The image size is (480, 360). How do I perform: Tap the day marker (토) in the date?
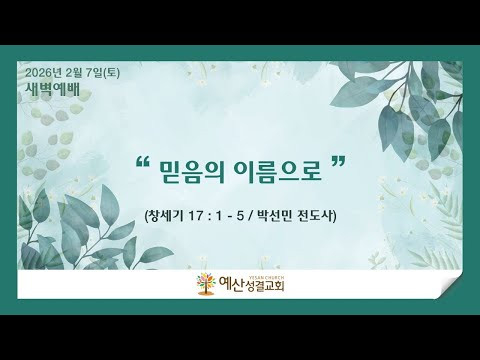(112, 73)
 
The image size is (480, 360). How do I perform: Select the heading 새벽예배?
(53, 89)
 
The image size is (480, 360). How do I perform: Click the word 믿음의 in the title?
(192, 172)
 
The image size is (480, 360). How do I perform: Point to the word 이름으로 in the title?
(278, 172)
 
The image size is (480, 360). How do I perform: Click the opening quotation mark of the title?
(143, 163)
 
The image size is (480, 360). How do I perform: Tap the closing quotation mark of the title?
(338, 163)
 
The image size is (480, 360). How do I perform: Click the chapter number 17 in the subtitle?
(195, 217)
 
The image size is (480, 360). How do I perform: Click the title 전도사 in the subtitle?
(316, 216)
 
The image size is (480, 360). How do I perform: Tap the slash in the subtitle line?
(250, 217)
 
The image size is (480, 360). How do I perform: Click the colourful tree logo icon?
(206, 284)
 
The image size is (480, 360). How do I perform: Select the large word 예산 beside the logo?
(231, 285)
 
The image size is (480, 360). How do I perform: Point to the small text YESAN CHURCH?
(266, 277)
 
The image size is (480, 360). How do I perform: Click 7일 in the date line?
(94, 73)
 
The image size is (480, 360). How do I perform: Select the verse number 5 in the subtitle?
(239, 217)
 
